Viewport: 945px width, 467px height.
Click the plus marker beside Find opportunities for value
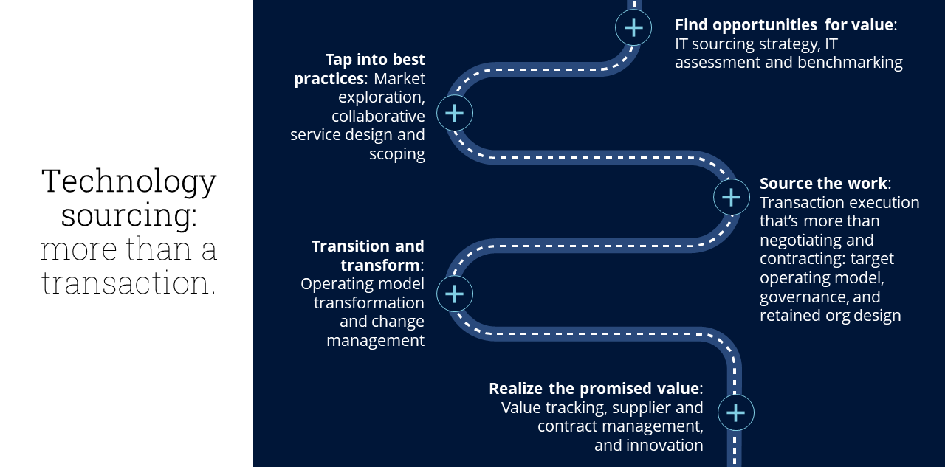point(633,28)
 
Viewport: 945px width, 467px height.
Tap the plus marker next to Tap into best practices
point(454,113)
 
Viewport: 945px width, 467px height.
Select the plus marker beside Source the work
point(731,197)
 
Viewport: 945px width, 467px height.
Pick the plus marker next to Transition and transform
point(454,294)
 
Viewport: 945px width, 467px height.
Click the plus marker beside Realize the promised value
point(735,412)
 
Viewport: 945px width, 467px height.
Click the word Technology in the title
point(129,181)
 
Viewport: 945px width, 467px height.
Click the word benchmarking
point(850,63)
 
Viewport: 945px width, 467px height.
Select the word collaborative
point(378,116)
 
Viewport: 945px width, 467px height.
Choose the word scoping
point(397,154)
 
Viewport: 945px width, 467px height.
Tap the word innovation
point(664,445)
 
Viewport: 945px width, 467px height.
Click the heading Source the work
point(824,183)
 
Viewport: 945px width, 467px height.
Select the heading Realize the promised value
point(594,388)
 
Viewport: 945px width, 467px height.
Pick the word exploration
point(381,97)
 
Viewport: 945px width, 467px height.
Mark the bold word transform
point(379,265)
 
